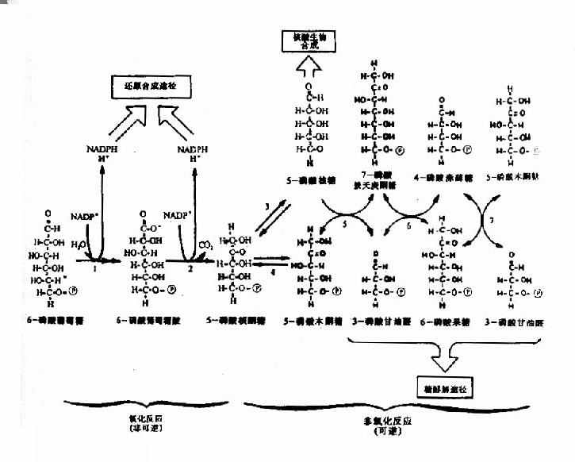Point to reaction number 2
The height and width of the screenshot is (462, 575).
coord(190,269)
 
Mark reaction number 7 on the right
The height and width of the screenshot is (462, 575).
coord(493,218)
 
